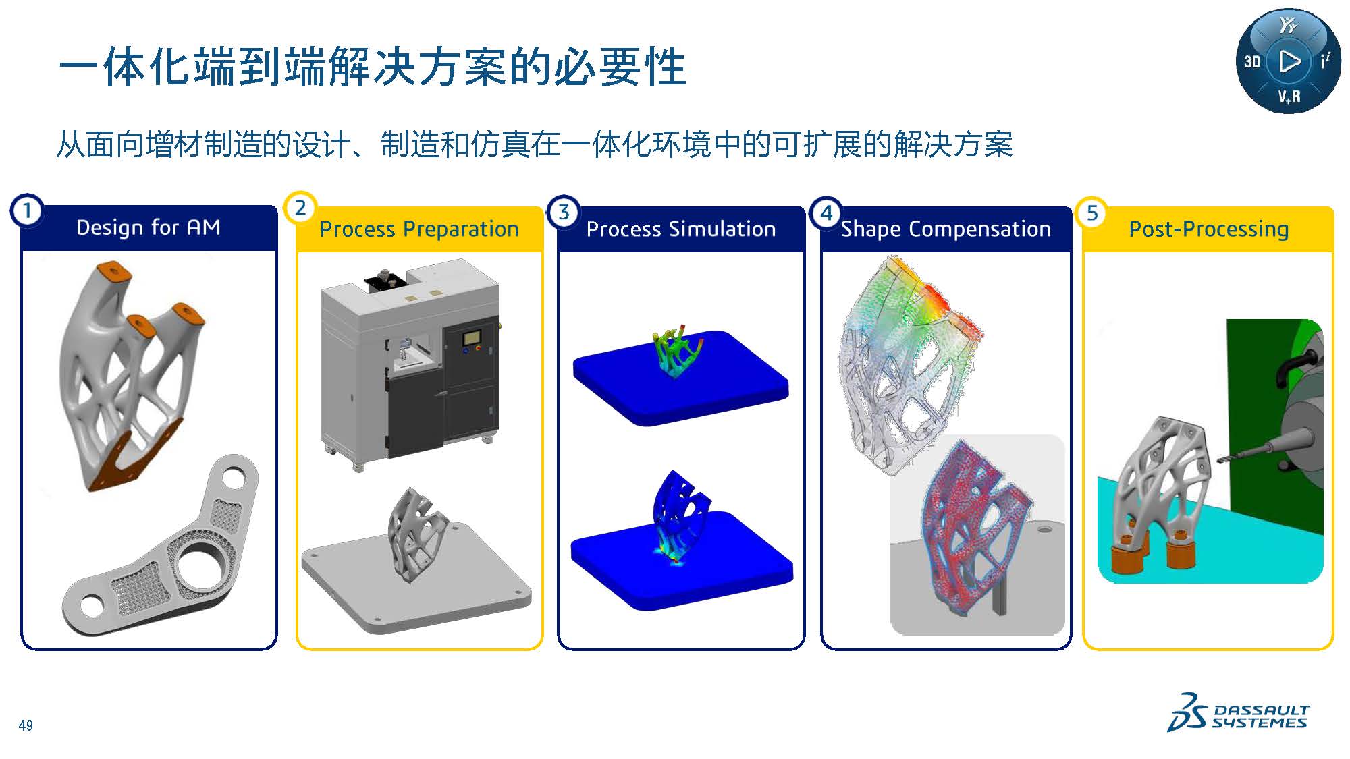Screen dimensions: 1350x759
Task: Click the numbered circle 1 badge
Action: (x=27, y=210)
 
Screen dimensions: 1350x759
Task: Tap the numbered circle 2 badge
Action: (x=300, y=208)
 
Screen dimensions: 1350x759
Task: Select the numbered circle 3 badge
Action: (x=564, y=213)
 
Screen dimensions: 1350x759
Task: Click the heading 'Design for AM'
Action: (x=148, y=227)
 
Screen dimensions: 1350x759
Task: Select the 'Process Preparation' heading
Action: (x=419, y=229)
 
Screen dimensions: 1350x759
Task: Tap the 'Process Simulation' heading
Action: (x=681, y=229)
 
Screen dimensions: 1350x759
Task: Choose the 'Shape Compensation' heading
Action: (x=946, y=229)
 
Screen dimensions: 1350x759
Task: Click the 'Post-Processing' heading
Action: (x=1209, y=229)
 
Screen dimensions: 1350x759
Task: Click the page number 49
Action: (x=26, y=725)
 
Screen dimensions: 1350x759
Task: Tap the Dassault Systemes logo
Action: (x=1238, y=712)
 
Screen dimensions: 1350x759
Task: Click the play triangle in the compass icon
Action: (x=1289, y=61)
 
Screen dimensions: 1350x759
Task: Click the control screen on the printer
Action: (x=472, y=336)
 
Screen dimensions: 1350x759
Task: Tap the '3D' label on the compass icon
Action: (x=1252, y=62)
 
